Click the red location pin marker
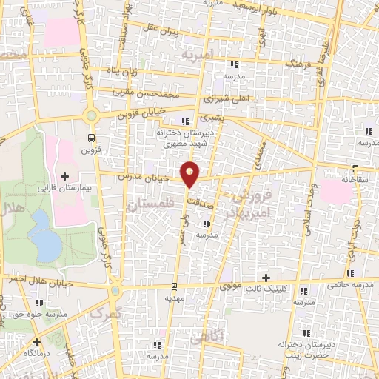pyautogui.click(x=191, y=172)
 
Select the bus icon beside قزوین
pyautogui.click(x=91, y=138)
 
